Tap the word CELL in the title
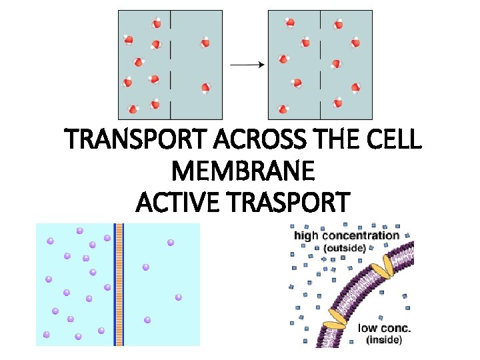click(x=393, y=141)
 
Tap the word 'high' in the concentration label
click(x=306, y=235)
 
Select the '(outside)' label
click(x=344, y=248)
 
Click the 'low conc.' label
click(x=385, y=327)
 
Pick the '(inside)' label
click(x=384, y=340)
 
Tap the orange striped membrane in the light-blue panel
click(x=119, y=284)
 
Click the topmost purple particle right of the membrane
click(x=171, y=242)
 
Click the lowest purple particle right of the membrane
click(x=147, y=320)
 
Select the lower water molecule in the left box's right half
click(x=206, y=88)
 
